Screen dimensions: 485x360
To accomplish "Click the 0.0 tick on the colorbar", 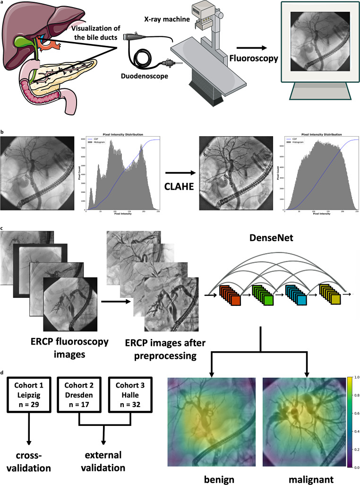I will tap(353, 466).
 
